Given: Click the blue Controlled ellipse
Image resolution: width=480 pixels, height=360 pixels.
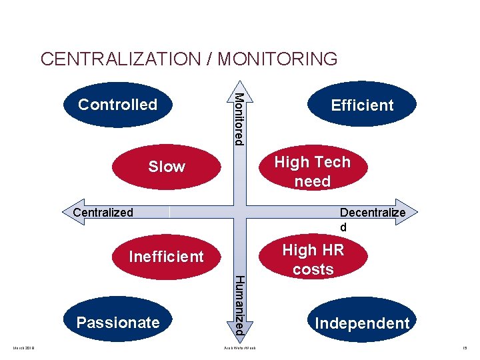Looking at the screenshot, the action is click(x=117, y=105).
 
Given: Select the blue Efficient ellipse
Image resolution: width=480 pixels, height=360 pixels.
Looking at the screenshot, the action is click(x=362, y=105).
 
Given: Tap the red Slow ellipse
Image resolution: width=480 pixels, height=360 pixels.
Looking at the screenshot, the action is click(x=167, y=166).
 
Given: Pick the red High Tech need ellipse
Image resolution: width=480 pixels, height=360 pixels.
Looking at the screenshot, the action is click(x=312, y=171).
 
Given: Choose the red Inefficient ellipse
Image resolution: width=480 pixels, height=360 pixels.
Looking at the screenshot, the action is click(x=167, y=257).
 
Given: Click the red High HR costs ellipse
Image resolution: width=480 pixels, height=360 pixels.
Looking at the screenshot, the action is click(x=313, y=259).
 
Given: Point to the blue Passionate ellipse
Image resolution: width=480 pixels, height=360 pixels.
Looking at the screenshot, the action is click(x=118, y=323).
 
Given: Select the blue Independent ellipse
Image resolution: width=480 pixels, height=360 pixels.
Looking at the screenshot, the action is click(x=362, y=323).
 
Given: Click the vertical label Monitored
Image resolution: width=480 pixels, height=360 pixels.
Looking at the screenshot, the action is click(x=239, y=118).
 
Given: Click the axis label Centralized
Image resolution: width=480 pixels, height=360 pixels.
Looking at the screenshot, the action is click(x=103, y=213).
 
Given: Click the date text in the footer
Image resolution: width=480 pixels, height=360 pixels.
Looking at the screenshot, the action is click(x=25, y=348).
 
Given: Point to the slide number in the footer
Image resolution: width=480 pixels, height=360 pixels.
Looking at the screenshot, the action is click(x=465, y=348).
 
